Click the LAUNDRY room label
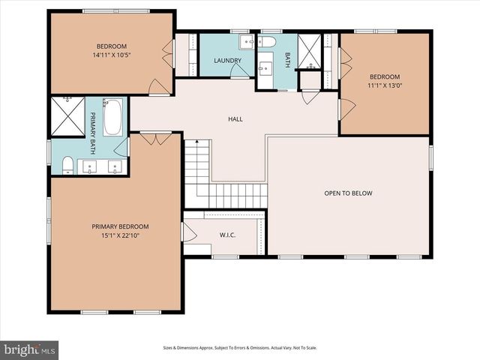click(226, 61)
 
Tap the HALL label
click(235, 119)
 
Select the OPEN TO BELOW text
click(348, 193)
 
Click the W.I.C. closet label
click(227, 235)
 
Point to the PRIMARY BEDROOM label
click(120, 226)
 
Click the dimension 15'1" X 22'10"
click(120, 235)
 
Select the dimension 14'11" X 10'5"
click(112, 55)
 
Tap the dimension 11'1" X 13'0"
click(384, 85)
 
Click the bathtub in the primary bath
click(113, 118)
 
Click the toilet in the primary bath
click(67, 163)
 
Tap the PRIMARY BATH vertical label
click(94, 127)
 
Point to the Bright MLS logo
click(30, 349)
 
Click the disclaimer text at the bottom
click(240, 348)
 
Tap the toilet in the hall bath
click(268, 42)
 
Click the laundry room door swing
click(240, 70)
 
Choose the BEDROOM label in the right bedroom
click(384, 76)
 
